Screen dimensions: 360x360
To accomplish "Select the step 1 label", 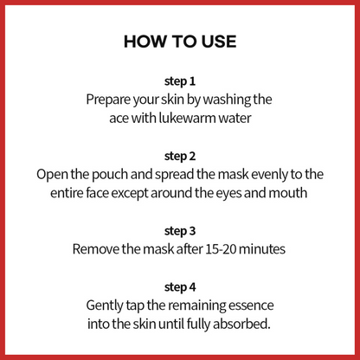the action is (x=180, y=81).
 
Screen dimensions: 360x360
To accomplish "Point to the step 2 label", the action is (x=180, y=156).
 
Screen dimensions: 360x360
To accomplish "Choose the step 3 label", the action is (x=180, y=231).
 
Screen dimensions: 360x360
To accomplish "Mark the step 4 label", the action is (x=180, y=287).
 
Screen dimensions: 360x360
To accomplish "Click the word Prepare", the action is (x=108, y=100).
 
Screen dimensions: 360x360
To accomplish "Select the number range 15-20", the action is (x=221, y=249).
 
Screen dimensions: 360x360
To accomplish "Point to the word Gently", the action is (x=105, y=305).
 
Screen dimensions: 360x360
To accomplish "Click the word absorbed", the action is (x=241, y=324).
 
